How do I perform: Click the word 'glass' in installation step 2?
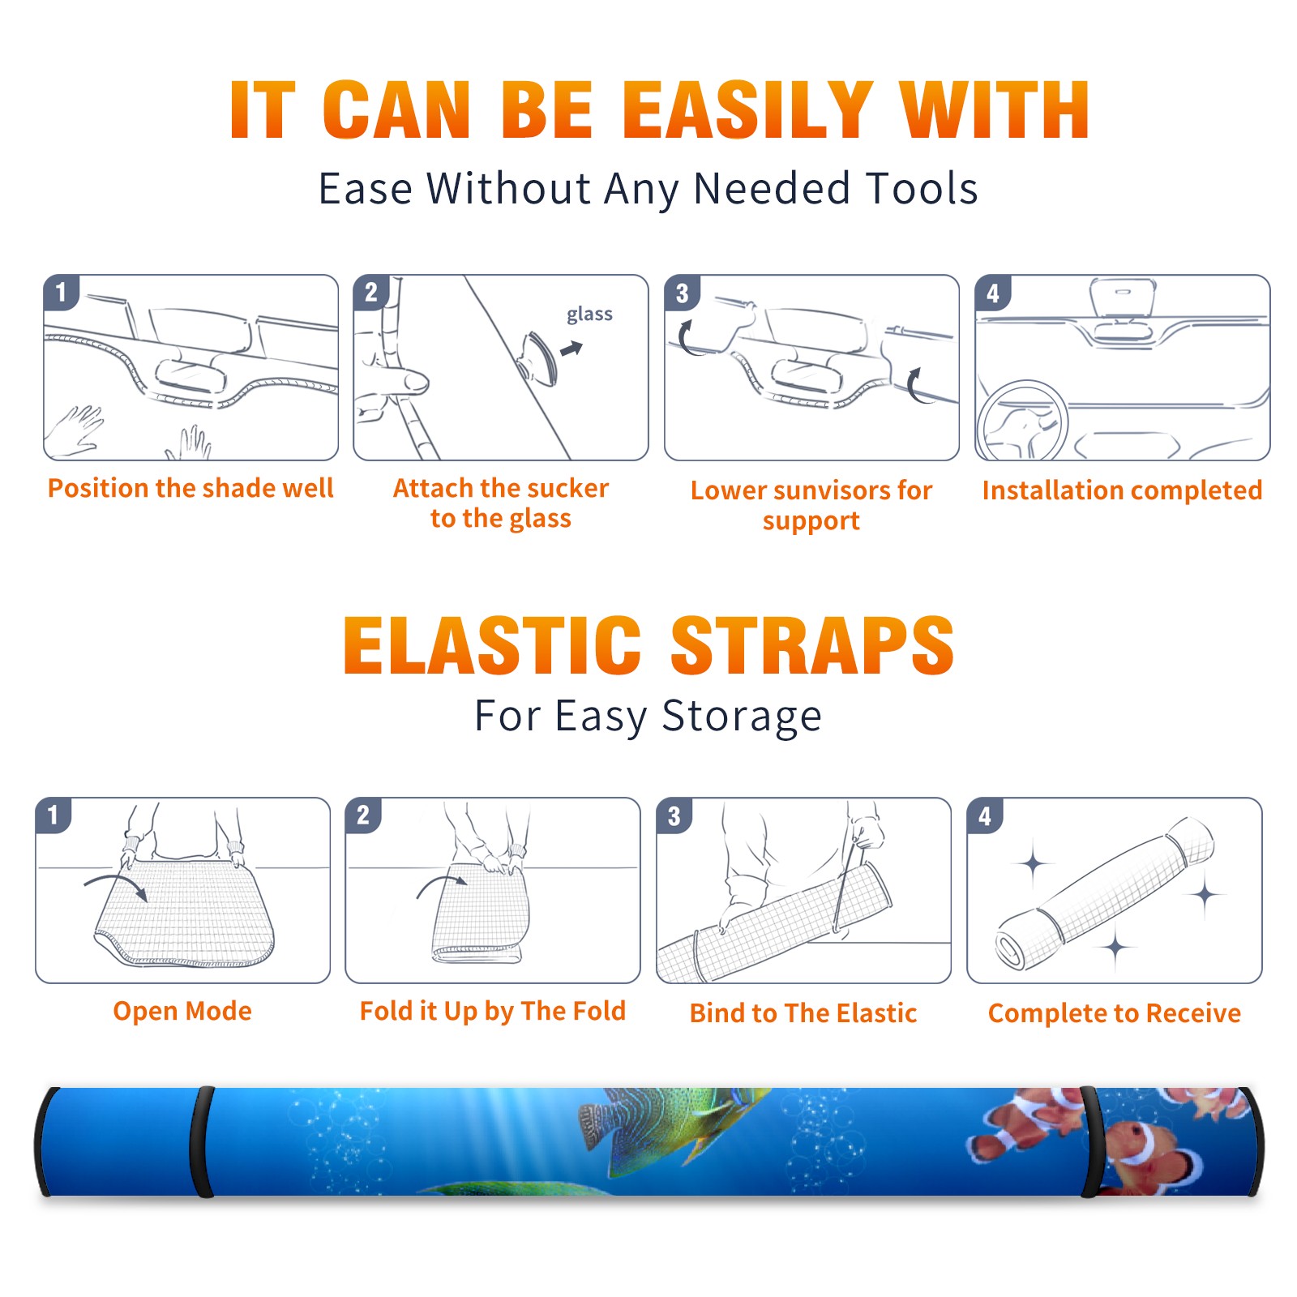tap(589, 315)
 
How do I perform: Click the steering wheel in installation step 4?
tap(1022, 422)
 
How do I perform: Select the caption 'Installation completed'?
tap(1122, 490)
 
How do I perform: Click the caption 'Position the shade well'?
tap(190, 488)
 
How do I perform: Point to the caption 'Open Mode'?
tap(182, 1011)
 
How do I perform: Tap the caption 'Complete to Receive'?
tap(1115, 1013)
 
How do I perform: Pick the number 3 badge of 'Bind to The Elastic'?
tap(674, 815)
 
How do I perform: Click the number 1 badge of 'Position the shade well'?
tap(61, 292)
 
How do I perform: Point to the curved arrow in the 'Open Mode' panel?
tap(116, 886)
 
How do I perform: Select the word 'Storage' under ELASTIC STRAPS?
tap(742, 717)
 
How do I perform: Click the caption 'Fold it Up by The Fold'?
tap(493, 1011)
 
